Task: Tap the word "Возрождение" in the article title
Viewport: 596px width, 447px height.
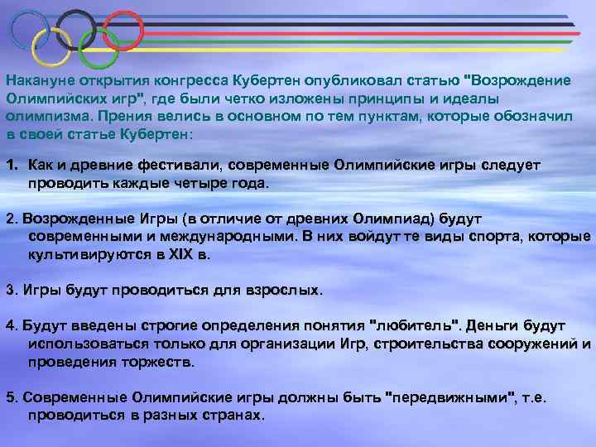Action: pos(521,80)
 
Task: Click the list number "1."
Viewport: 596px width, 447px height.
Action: pos(12,166)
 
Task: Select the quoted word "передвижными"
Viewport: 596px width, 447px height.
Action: pos(450,397)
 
